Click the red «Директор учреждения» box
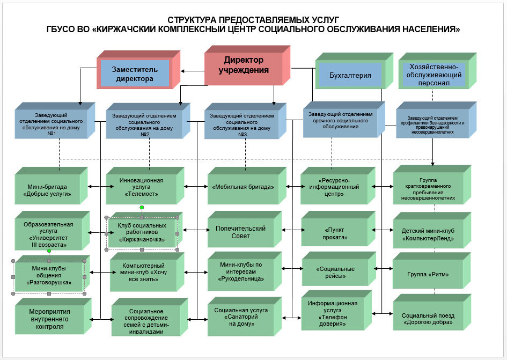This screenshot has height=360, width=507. [244, 65]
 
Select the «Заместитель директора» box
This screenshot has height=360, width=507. [134, 74]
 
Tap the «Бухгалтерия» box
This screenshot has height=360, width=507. [350, 75]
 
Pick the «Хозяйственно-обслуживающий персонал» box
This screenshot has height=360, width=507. [435, 75]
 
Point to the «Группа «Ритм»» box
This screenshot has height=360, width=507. [428, 274]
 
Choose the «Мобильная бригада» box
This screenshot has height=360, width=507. [243, 187]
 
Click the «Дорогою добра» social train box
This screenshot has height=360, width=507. [427, 319]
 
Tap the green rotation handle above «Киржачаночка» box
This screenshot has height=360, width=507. [142, 207]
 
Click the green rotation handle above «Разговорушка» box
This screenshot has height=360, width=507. [49, 250]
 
